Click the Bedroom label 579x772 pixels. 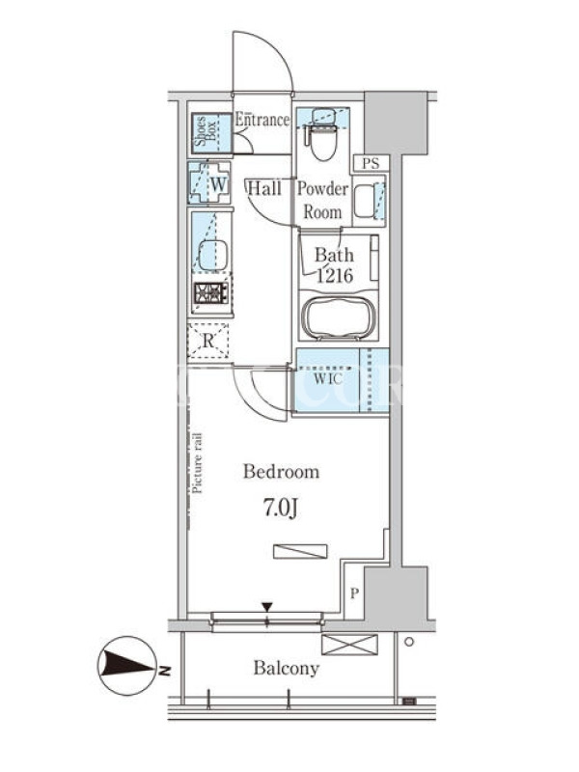click(281, 472)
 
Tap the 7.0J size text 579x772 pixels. click(281, 509)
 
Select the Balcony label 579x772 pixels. click(286, 668)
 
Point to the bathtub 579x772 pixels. click(339, 317)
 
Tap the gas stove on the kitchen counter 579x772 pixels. click(211, 292)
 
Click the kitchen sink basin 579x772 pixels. click(212, 255)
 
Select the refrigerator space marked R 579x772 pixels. click(208, 341)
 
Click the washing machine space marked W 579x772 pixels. click(209, 183)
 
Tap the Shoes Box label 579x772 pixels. click(206, 131)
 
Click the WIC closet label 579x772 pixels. click(328, 379)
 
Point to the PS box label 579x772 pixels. click(371, 163)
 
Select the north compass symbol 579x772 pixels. click(128, 666)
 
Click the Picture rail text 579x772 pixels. click(198, 463)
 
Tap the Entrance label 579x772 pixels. click(262, 120)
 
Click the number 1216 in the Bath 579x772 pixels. click(335, 276)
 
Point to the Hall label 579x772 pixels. click(264, 188)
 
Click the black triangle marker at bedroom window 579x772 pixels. click(267, 607)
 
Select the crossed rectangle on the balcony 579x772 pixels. click(349, 645)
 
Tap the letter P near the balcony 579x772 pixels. click(354, 593)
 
